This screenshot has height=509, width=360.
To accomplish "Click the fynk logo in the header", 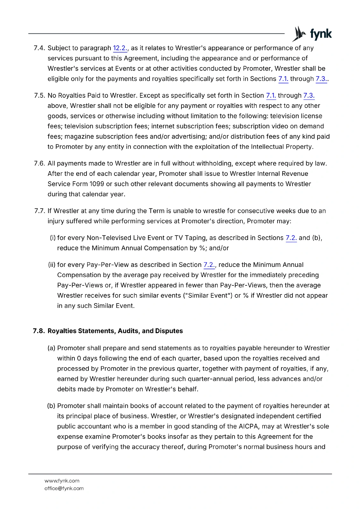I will click(312, 34).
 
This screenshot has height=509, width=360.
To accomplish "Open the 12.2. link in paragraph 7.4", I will click(120, 48).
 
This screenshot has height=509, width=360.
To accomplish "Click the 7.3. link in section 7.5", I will click(309, 95).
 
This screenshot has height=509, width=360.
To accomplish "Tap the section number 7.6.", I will click(39, 164).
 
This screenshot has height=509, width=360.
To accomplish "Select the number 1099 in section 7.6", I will click(97, 184).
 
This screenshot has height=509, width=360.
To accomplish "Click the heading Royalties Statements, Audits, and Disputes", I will click(115, 331).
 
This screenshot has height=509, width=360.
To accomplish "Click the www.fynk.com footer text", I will click(62, 481).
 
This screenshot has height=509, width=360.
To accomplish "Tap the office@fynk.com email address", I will click(64, 488).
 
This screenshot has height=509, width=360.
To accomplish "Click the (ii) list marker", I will click(52, 265).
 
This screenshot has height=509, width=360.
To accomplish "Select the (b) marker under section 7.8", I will click(51, 406).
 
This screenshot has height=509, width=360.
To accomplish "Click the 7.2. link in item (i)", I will click(291, 238).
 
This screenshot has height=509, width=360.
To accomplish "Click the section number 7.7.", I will click(40, 211).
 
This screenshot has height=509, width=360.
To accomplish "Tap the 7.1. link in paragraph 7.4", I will click(283, 79).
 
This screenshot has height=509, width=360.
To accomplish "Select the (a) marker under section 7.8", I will click(51, 348).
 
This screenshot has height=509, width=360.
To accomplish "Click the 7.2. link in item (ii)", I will click(209, 265).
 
